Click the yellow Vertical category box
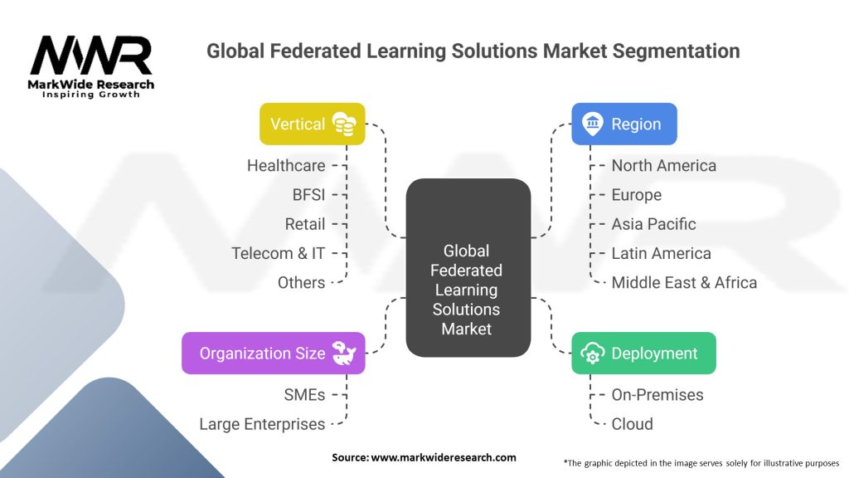click(313, 124)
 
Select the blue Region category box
click(624, 124)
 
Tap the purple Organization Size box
click(274, 354)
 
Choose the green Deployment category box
click(643, 354)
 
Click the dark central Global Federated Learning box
click(468, 268)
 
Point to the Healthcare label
click(286, 166)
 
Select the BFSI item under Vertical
click(308, 195)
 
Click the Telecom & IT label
click(279, 254)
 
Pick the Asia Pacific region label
click(653, 224)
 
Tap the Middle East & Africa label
click(684, 283)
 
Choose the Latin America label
click(661, 254)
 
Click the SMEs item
click(304, 395)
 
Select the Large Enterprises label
click(262, 424)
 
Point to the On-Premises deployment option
click(657, 395)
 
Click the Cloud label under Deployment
click(632, 424)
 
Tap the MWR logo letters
click(91, 56)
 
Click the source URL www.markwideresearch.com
click(444, 457)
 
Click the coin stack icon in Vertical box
click(344, 124)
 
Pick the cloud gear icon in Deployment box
click(592, 354)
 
